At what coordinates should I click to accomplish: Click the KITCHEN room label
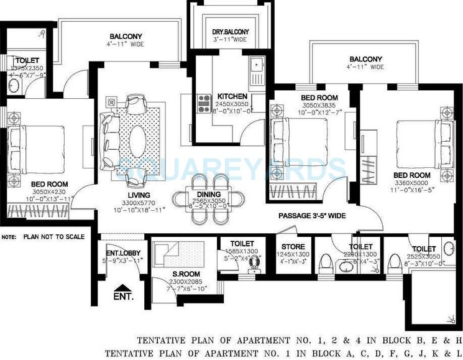232,96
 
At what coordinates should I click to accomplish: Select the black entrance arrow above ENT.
119,287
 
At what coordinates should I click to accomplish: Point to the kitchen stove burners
203,103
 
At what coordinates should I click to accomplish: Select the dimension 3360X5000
412,183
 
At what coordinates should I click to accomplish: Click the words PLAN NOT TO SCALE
52,237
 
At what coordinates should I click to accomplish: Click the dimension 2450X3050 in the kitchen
232,105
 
